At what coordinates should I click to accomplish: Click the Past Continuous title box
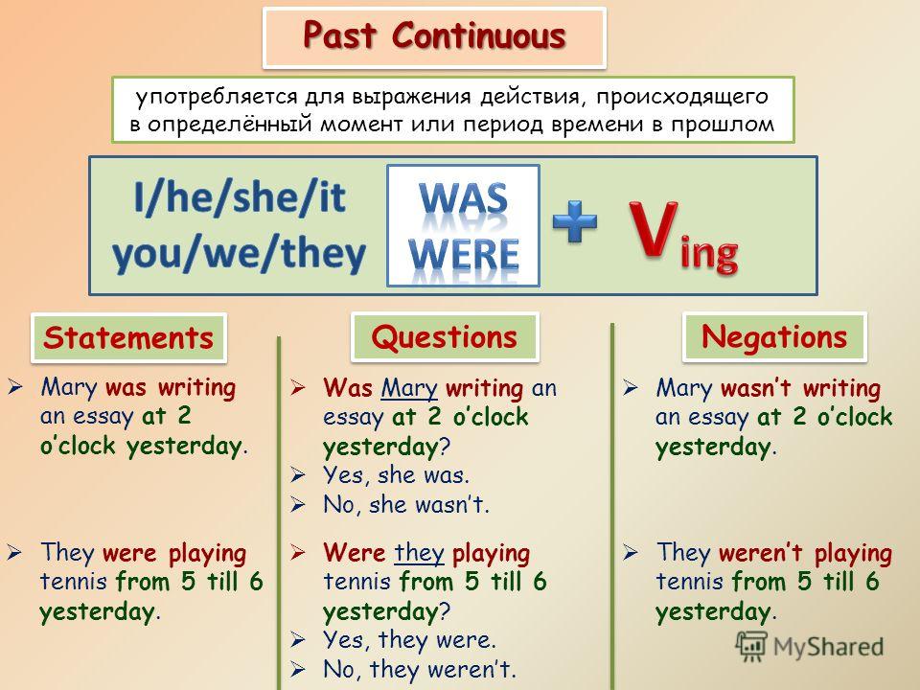point(434,37)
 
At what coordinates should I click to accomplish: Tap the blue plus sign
point(575,221)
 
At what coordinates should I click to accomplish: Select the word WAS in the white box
point(464,198)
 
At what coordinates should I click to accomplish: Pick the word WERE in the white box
point(464,254)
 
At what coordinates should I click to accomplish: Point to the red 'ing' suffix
point(709,253)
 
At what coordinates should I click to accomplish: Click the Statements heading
point(128,338)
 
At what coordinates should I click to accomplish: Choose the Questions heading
point(445,337)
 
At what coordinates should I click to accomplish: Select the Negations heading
point(774,336)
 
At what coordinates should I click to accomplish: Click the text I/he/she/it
point(240,197)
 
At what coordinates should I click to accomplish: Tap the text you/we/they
point(239,253)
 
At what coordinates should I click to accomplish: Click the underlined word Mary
point(409,388)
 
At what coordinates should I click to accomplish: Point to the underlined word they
point(419,553)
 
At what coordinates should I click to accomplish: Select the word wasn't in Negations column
point(756,388)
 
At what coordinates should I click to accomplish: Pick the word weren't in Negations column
point(760,553)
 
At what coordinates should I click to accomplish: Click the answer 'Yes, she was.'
point(396,475)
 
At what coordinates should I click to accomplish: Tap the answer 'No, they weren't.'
point(420,669)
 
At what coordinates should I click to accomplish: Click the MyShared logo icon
point(751,647)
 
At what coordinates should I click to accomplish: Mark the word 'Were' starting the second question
point(355,553)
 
